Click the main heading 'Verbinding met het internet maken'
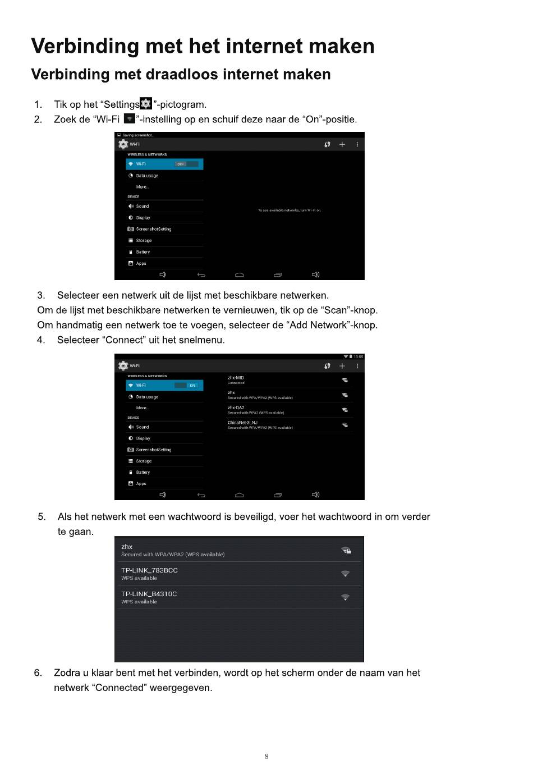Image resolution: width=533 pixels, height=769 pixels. pyautogui.click(x=203, y=46)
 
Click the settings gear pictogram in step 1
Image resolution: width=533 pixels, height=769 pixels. pyautogui.click(x=146, y=104)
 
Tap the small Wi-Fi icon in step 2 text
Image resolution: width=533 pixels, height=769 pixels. pyautogui.click(x=130, y=119)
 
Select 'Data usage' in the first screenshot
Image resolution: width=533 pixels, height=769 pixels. pyautogui.click(x=147, y=176)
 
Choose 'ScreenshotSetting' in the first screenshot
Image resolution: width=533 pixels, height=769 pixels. pyautogui.click(x=153, y=229)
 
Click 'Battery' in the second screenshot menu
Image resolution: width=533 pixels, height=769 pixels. pyautogui.click(x=143, y=472)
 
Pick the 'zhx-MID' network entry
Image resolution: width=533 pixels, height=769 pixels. pyautogui.click(x=236, y=378)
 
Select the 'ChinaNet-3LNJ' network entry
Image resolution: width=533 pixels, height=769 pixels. pyautogui.click(x=242, y=423)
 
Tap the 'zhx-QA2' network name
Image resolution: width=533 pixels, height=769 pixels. pyautogui.click(x=236, y=408)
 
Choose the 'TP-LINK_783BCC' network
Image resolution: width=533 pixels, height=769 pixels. pyautogui.click(x=149, y=570)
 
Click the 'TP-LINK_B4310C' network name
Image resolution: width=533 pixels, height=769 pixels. pyautogui.click(x=149, y=594)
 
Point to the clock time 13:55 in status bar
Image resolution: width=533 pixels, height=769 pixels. pyautogui.click(x=358, y=356)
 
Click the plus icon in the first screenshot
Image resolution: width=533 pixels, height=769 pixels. pyautogui.click(x=342, y=144)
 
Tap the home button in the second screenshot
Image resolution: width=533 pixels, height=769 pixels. pyautogui.click(x=240, y=495)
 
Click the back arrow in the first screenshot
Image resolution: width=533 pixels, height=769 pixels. pyautogui.click(x=201, y=274)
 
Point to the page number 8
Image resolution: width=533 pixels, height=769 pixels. pyautogui.click(x=266, y=756)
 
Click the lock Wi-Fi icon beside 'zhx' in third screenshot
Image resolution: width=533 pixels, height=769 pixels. pyautogui.click(x=346, y=550)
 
